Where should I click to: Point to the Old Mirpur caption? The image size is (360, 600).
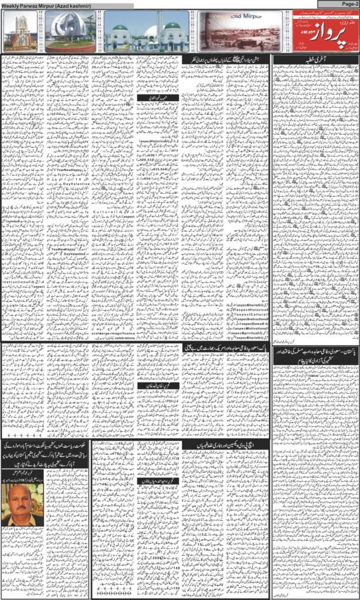click(226, 19)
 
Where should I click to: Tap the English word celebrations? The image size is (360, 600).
click(123, 338)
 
